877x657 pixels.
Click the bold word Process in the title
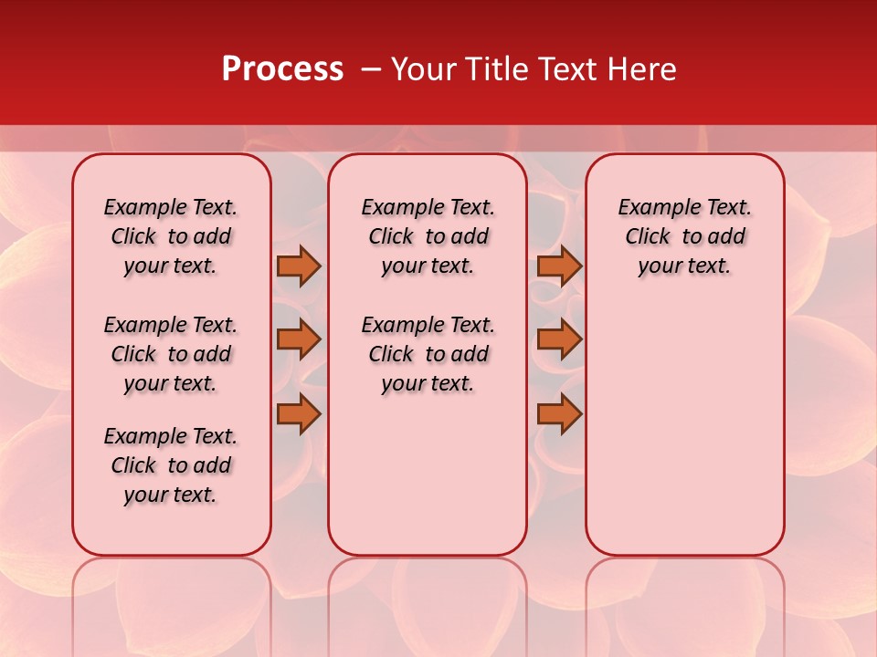point(282,69)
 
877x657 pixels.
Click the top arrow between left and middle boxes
point(299,266)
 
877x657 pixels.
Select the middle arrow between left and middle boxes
point(299,339)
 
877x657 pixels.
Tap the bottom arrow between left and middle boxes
point(299,413)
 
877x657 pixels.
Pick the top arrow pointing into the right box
point(559,266)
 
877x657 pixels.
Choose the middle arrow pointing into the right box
point(559,339)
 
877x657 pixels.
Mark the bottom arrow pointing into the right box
point(559,413)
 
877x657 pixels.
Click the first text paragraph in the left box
point(171,236)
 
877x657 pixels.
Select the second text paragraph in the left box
point(171,354)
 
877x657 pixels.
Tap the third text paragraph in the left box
point(171,465)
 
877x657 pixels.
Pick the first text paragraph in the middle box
point(428,236)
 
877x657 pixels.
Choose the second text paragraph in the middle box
point(428,354)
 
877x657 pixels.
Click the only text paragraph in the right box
point(685,236)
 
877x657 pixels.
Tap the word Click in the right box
point(648,237)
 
